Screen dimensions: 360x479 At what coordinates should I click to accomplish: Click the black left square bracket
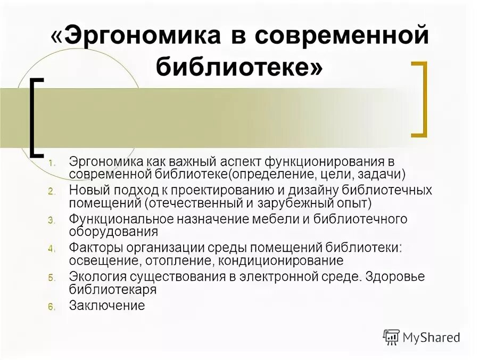point(37,118)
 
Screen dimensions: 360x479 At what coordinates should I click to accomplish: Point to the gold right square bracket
point(420,99)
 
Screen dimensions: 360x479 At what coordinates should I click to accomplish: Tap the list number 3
point(52,220)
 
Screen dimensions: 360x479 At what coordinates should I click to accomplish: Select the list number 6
point(52,306)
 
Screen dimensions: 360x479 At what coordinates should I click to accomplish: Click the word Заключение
point(107,306)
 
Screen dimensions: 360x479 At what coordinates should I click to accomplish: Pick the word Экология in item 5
point(93,277)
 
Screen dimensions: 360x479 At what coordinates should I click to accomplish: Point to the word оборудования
point(113,232)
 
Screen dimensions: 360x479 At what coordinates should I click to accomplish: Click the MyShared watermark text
point(431,337)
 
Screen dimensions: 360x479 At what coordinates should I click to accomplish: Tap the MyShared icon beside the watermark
point(391,337)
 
